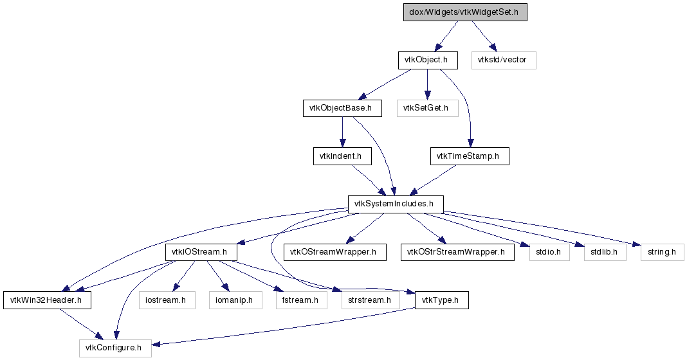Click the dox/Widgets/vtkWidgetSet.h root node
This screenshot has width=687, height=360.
(465, 12)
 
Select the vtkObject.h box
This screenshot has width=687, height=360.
(428, 60)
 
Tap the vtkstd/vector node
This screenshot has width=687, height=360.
(504, 60)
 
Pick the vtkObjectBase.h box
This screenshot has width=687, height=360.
(342, 108)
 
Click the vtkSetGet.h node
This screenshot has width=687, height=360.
(428, 108)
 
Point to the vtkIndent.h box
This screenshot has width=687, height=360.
(342, 156)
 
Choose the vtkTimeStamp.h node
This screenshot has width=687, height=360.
(470, 156)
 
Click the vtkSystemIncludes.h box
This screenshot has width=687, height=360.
(396, 204)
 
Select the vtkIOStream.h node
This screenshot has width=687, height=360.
(201, 252)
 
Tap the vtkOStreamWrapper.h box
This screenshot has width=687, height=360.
(334, 252)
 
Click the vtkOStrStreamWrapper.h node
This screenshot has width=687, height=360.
(457, 252)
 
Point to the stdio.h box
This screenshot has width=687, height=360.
(549, 252)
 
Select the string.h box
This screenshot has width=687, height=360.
(662, 252)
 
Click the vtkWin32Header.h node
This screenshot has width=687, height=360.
(48, 300)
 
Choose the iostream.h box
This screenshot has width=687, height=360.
(167, 300)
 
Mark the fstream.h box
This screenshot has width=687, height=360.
(302, 300)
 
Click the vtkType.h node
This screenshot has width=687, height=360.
(442, 300)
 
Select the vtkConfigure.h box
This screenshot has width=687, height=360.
(115, 348)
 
